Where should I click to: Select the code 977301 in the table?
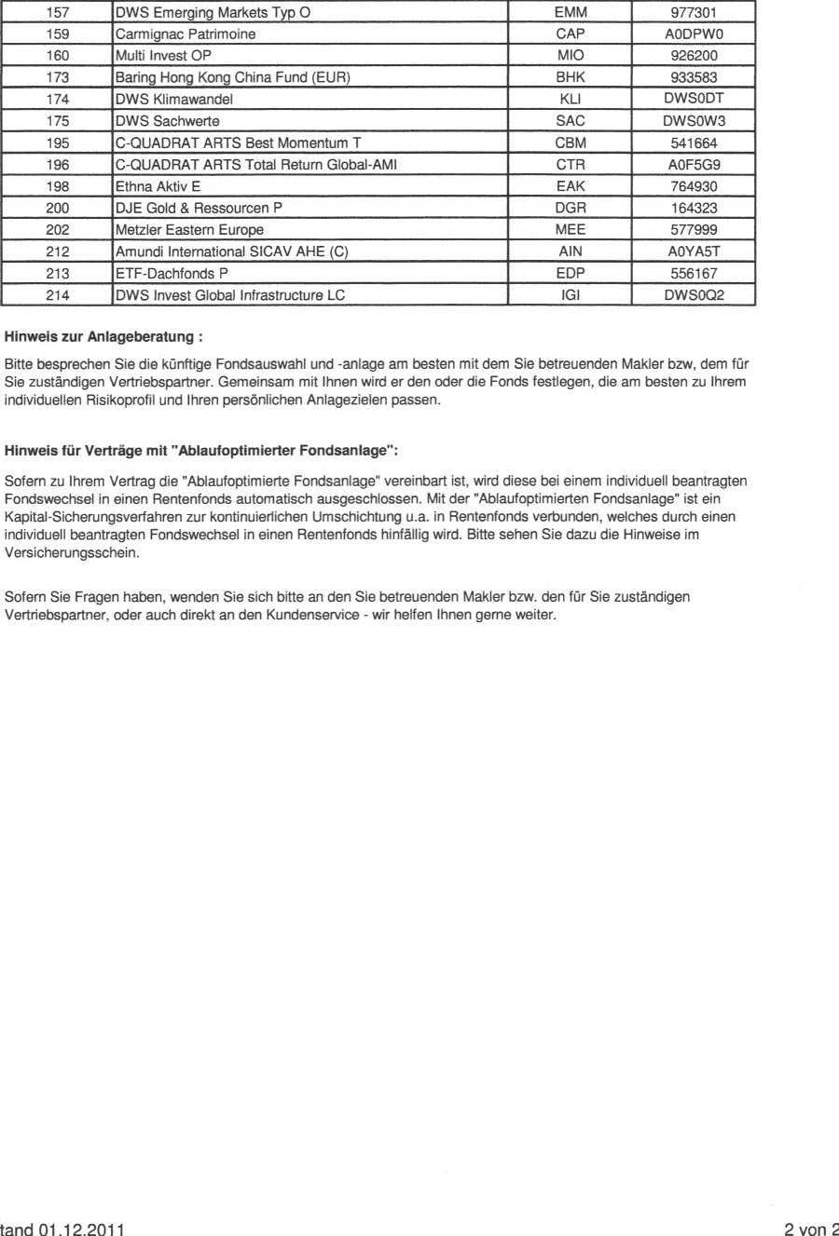coord(692,14)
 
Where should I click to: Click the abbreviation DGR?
coord(569,207)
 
